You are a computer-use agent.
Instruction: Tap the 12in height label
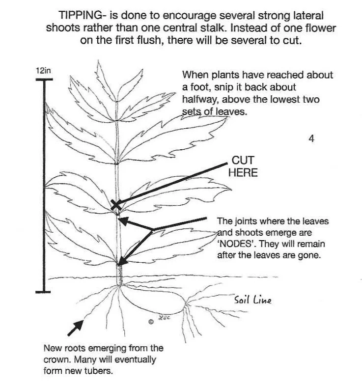43,70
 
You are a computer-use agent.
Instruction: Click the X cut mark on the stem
116,205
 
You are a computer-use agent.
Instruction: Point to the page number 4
311,138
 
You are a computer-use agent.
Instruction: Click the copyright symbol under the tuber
151,322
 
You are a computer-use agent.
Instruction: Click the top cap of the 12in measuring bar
44,80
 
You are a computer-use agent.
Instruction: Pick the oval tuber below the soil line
152,300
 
